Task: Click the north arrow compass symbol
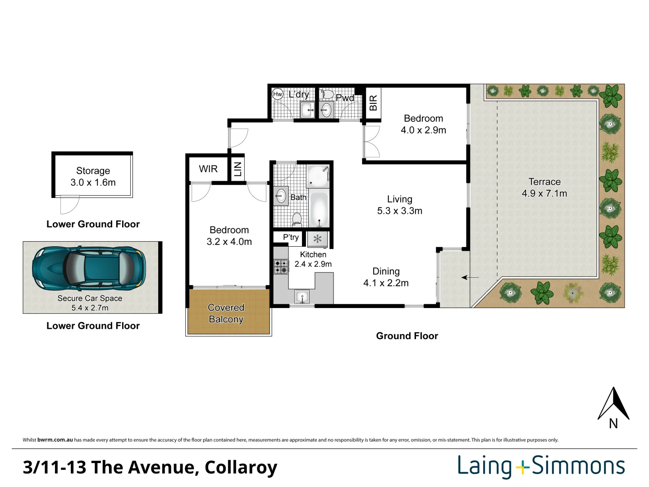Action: coord(613,404)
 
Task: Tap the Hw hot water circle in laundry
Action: coord(278,94)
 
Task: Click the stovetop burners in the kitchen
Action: coord(281,266)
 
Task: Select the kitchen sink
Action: coord(302,297)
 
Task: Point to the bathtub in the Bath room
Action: coord(319,209)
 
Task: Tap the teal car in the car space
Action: coord(89,269)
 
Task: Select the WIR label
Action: coord(208,169)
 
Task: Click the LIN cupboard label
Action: coord(238,169)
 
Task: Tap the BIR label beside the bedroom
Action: coord(373,103)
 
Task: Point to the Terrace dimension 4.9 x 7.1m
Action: coord(544,193)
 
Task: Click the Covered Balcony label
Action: coord(226,313)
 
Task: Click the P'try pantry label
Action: coord(291,237)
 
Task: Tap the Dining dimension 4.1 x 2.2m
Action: coord(386,283)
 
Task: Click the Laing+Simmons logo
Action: coord(541,466)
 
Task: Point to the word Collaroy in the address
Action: coord(241,467)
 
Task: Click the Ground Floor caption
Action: coord(407,336)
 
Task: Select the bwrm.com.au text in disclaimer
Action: coord(55,440)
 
